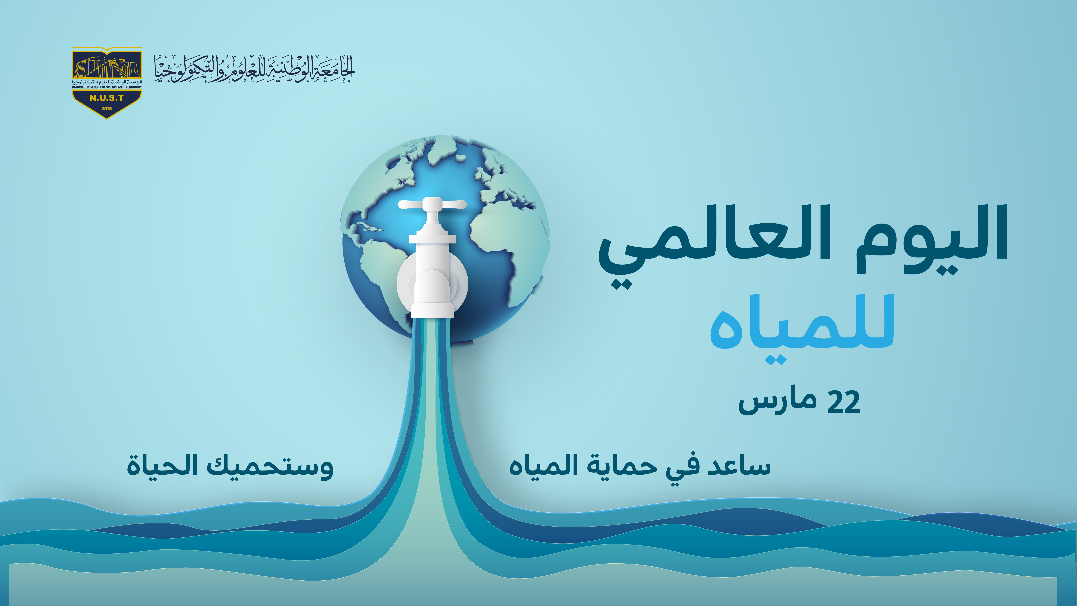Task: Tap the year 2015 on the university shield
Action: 107,109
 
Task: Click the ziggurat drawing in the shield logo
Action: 107,67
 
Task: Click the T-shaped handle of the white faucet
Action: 432,204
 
